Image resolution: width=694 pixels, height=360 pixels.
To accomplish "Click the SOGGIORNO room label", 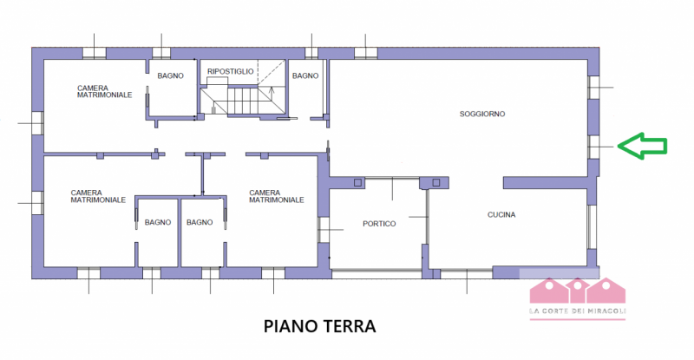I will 483,114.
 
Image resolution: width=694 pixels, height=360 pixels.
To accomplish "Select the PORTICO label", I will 379,224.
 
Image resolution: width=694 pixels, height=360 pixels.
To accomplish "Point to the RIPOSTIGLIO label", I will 230,71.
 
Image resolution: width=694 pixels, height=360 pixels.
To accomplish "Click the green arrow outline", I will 642,147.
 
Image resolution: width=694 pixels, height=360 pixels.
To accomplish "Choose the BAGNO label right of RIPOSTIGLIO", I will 305,76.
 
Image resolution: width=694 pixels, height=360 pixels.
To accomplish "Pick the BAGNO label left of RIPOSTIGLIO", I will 170,76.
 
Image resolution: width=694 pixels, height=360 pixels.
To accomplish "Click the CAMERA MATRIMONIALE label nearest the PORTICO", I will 276,196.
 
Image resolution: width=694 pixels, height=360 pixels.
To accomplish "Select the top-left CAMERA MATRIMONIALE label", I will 104,91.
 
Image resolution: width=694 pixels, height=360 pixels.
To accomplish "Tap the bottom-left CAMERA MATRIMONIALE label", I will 98,196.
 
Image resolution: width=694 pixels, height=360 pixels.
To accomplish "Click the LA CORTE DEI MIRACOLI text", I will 577,312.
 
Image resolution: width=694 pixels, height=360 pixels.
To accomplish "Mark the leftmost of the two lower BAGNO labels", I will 158,223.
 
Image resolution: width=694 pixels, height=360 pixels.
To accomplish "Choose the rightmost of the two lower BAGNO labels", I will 200,223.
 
